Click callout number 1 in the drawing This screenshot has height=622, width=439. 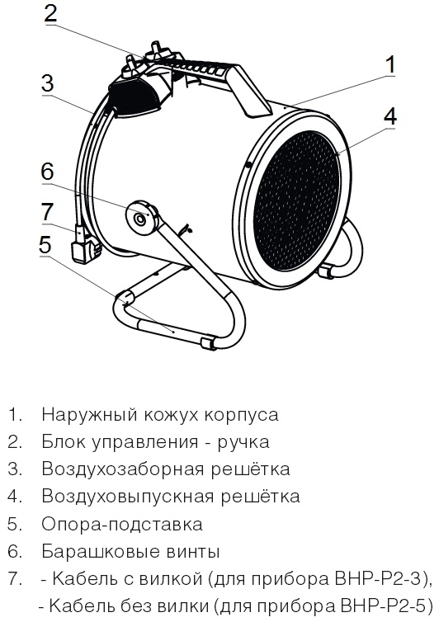click(x=390, y=65)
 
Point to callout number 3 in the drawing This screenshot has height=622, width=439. click(x=47, y=83)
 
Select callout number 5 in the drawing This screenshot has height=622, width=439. click(x=45, y=244)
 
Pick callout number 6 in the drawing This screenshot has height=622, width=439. click(x=47, y=172)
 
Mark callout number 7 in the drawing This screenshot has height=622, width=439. click(x=47, y=211)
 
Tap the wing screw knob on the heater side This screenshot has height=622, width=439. click(x=141, y=218)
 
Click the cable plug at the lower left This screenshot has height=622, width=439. click(x=83, y=247)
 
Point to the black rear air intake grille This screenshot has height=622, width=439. click(x=133, y=97)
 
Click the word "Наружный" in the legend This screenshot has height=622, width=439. click(x=89, y=415)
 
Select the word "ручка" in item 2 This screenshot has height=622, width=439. click(x=243, y=443)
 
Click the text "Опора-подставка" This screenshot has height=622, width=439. click(x=122, y=525)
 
